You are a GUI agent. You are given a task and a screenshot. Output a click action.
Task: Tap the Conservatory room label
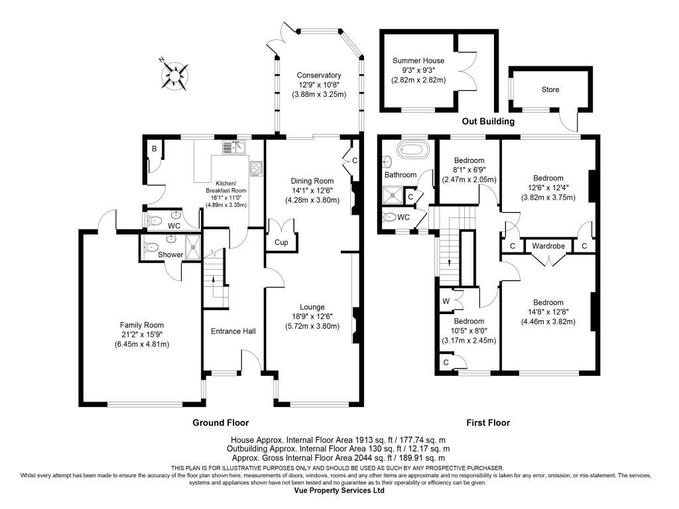tap(319, 76)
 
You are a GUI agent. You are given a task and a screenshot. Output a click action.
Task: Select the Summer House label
tap(418, 61)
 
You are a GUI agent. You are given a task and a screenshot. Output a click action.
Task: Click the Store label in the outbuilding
tap(550, 89)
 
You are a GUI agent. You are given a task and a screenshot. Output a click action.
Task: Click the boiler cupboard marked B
tap(154, 149)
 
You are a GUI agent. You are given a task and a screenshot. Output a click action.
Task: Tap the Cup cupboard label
tap(281, 243)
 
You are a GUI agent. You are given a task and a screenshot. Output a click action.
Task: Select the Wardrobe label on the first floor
tap(548, 247)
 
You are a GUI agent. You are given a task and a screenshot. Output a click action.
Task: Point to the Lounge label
tap(312, 307)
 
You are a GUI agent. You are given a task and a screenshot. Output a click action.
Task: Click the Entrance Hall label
tap(233, 331)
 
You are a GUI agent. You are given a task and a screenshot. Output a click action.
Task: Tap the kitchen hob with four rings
tap(256, 168)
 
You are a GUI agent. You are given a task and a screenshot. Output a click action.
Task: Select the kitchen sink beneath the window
tap(235, 148)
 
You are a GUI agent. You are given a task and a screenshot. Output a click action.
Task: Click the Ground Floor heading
tap(220, 422)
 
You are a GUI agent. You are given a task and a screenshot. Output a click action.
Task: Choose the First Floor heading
tap(487, 422)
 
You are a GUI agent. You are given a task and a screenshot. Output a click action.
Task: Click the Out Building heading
tap(488, 122)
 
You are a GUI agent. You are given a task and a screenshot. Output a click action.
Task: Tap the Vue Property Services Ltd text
tap(339, 491)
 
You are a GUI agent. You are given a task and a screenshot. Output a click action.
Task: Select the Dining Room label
tap(312, 181)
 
